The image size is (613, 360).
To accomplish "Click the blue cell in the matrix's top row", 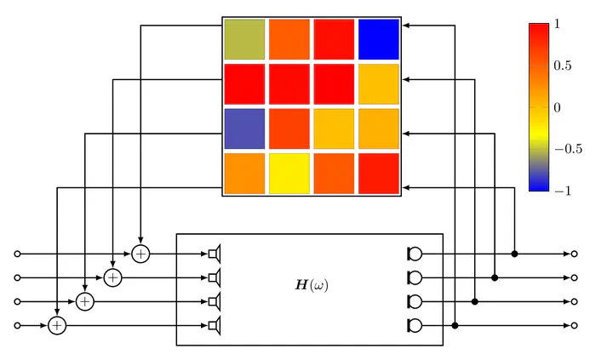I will pyautogui.click(x=377, y=39).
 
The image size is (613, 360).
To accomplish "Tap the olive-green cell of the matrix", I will pyautogui.click(x=244, y=39).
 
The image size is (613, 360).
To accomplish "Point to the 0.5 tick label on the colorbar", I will pyautogui.click(x=562, y=66).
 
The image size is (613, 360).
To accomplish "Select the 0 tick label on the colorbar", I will pyautogui.click(x=557, y=107).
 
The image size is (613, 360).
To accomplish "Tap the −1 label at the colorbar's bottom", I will pyautogui.click(x=562, y=191).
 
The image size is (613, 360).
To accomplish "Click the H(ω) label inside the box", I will pyautogui.click(x=311, y=285).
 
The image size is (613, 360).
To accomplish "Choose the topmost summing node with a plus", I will pyautogui.click(x=140, y=254).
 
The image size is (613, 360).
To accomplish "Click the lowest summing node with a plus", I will pyautogui.click(x=56, y=325).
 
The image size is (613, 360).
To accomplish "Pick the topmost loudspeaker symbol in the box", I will pyautogui.click(x=215, y=254).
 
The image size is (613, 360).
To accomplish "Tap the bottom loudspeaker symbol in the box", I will pyautogui.click(x=215, y=325).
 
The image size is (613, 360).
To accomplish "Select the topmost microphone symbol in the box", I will pyautogui.click(x=415, y=254).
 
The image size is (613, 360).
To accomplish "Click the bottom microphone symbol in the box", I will pyautogui.click(x=415, y=325).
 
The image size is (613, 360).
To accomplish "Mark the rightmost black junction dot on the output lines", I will pyautogui.click(x=515, y=254).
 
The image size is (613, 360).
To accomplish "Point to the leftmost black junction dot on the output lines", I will pyautogui.click(x=455, y=325).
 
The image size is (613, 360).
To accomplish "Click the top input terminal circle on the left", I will pyautogui.click(x=17, y=254).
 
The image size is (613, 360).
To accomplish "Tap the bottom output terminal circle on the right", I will pyautogui.click(x=575, y=325).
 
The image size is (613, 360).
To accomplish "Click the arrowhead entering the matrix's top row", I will pyautogui.click(x=408, y=26).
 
